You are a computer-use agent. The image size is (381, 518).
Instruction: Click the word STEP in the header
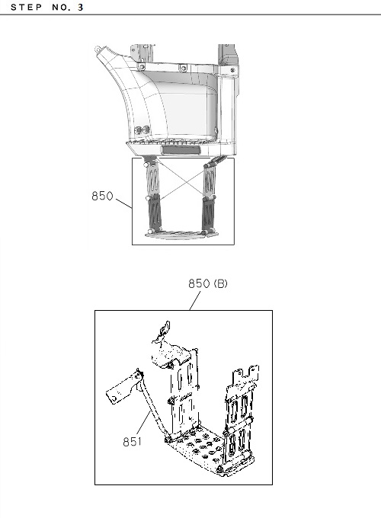[27, 8]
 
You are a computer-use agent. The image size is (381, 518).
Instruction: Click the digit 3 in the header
[80, 8]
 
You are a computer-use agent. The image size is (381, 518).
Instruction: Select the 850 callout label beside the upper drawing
[102, 196]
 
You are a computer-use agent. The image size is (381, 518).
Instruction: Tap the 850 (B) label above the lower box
[208, 283]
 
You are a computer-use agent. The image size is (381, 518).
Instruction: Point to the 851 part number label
[132, 442]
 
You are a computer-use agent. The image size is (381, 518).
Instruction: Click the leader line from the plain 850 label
[123, 203]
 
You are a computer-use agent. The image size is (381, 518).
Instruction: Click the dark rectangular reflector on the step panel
[181, 150]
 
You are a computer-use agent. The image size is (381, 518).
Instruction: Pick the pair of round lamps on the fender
[142, 129]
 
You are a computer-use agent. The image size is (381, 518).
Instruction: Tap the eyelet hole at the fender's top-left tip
[98, 50]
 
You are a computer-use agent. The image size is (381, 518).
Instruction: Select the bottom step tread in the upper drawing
[181, 234]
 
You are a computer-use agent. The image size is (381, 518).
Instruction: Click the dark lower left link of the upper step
[155, 213]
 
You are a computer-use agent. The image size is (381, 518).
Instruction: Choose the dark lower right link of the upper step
[208, 215]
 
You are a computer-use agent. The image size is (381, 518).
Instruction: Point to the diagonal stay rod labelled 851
[153, 409]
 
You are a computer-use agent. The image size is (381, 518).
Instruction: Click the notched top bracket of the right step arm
[245, 375]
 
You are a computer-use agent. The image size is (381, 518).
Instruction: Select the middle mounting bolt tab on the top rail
[182, 68]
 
